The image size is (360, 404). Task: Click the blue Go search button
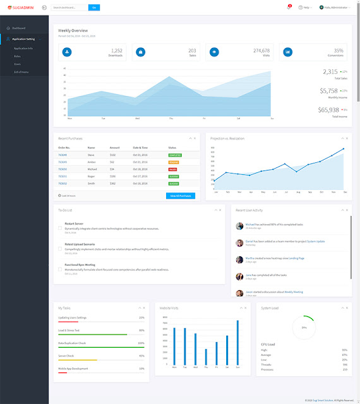coord(94,8)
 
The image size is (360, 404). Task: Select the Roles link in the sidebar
coord(17,56)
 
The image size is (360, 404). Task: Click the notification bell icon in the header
coord(288,8)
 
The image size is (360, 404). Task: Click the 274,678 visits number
coord(261,50)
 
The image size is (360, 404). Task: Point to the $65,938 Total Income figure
coord(328,110)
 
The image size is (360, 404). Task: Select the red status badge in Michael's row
coord(172,169)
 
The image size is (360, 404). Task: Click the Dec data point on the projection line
coord(344,149)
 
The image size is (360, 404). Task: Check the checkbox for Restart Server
coord(60,228)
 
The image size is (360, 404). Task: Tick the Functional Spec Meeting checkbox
coord(60,270)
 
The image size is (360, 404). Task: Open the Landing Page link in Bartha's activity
coord(297,258)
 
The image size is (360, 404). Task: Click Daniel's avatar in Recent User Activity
coord(239,242)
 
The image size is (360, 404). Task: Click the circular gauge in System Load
coord(304,328)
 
